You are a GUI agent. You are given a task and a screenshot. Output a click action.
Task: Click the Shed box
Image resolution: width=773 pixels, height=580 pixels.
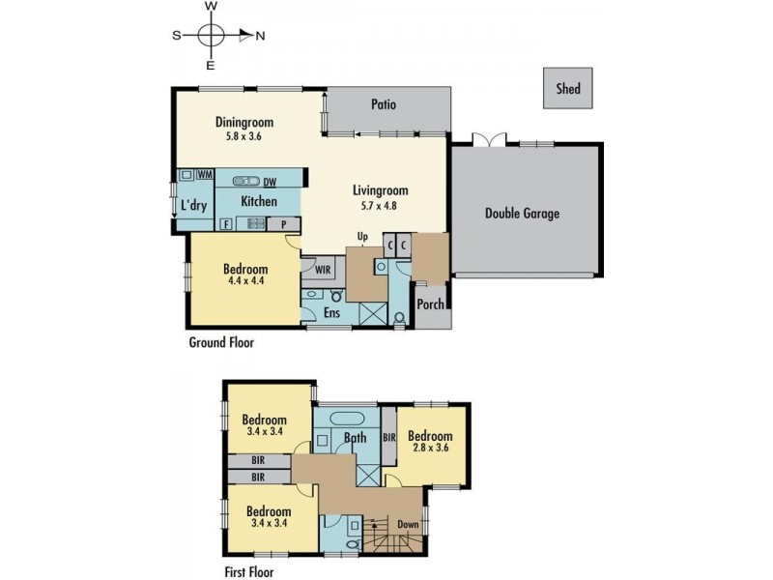click(x=567, y=89)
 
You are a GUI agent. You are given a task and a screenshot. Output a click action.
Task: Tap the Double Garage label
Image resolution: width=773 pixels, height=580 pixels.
click(x=522, y=214)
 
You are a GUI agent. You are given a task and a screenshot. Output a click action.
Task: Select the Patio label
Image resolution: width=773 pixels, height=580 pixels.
click(x=384, y=104)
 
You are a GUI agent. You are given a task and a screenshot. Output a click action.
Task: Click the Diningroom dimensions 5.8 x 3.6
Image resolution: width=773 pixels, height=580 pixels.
click(x=244, y=137)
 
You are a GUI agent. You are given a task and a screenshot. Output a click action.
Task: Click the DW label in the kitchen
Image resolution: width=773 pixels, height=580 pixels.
click(x=270, y=181)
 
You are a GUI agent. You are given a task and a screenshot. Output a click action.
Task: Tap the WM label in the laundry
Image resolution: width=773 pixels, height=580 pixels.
click(x=205, y=174)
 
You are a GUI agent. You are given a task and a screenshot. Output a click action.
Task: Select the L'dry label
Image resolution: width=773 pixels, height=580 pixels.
click(x=194, y=206)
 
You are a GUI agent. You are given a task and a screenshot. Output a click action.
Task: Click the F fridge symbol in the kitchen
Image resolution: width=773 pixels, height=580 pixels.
click(x=225, y=224)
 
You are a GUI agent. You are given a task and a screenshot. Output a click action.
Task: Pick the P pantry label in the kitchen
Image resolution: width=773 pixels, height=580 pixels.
click(x=284, y=224)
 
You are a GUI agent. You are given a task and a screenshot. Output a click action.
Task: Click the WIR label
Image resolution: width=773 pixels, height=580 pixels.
click(x=318, y=269)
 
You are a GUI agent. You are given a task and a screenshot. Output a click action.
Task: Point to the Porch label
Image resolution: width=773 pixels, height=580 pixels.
click(x=430, y=304)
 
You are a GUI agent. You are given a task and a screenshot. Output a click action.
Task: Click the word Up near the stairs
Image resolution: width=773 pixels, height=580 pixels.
click(x=362, y=237)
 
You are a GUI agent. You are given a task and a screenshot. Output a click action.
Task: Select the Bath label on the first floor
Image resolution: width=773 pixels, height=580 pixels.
click(x=354, y=438)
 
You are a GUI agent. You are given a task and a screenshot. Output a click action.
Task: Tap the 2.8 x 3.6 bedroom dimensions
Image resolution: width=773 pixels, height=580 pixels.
click(x=429, y=449)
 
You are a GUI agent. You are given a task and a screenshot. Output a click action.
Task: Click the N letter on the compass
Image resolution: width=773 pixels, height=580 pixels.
click(x=261, y=35)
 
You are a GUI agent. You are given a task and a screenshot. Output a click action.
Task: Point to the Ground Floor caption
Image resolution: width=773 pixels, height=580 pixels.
click(x=221, y=341)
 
